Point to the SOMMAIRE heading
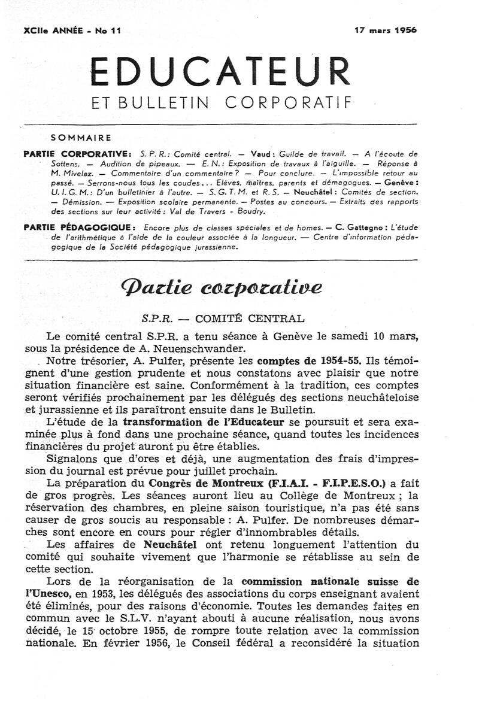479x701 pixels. point(81,137)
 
